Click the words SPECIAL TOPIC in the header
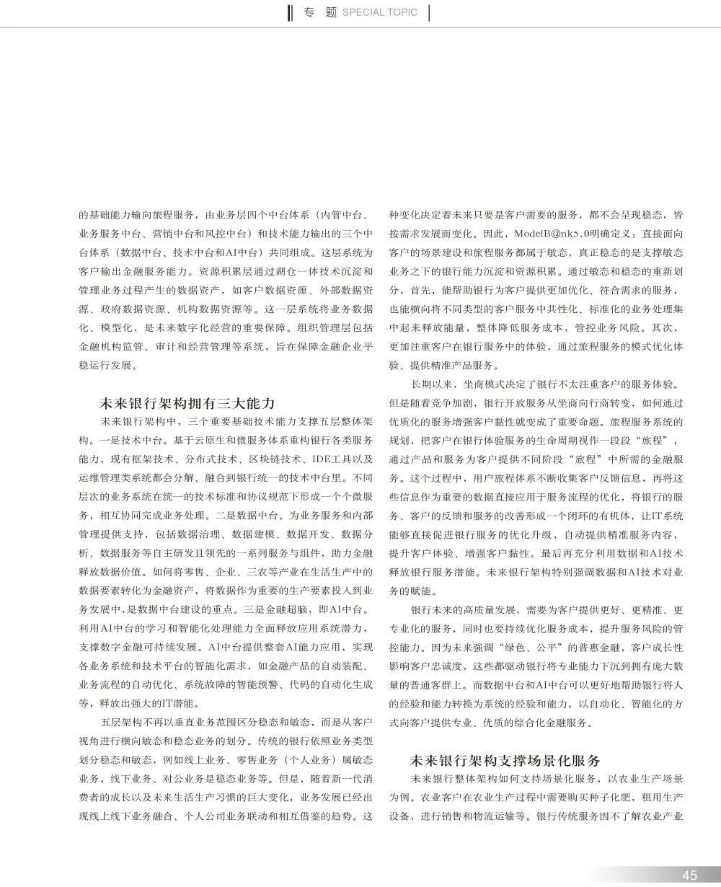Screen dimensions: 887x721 (379, 12)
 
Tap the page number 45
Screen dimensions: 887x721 (690, 875)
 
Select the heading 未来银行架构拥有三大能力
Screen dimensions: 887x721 (187, 403)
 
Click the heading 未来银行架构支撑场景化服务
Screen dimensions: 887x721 (505, 761)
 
